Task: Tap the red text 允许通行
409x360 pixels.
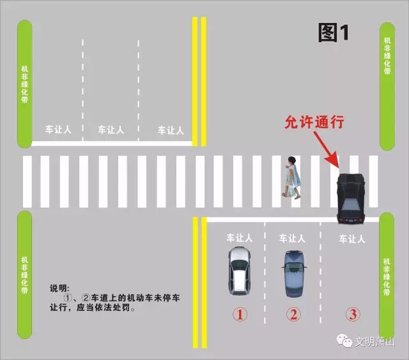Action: pos(314,122)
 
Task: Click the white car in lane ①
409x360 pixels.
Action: pos(239,271)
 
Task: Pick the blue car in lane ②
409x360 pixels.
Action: pos(294,273)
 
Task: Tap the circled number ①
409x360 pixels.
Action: pos(239,314)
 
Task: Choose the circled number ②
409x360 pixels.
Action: pos(293,314)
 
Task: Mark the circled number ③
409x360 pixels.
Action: pos(353,314)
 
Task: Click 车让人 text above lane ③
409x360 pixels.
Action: pos(351,239)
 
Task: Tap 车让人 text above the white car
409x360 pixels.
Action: pos(239,237)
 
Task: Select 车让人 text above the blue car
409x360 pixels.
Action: pos(292,237)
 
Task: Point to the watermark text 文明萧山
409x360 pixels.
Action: pos(375,341)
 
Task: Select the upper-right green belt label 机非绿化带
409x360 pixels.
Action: pos(387,57)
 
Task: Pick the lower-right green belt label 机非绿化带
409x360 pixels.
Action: pos(387,276)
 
